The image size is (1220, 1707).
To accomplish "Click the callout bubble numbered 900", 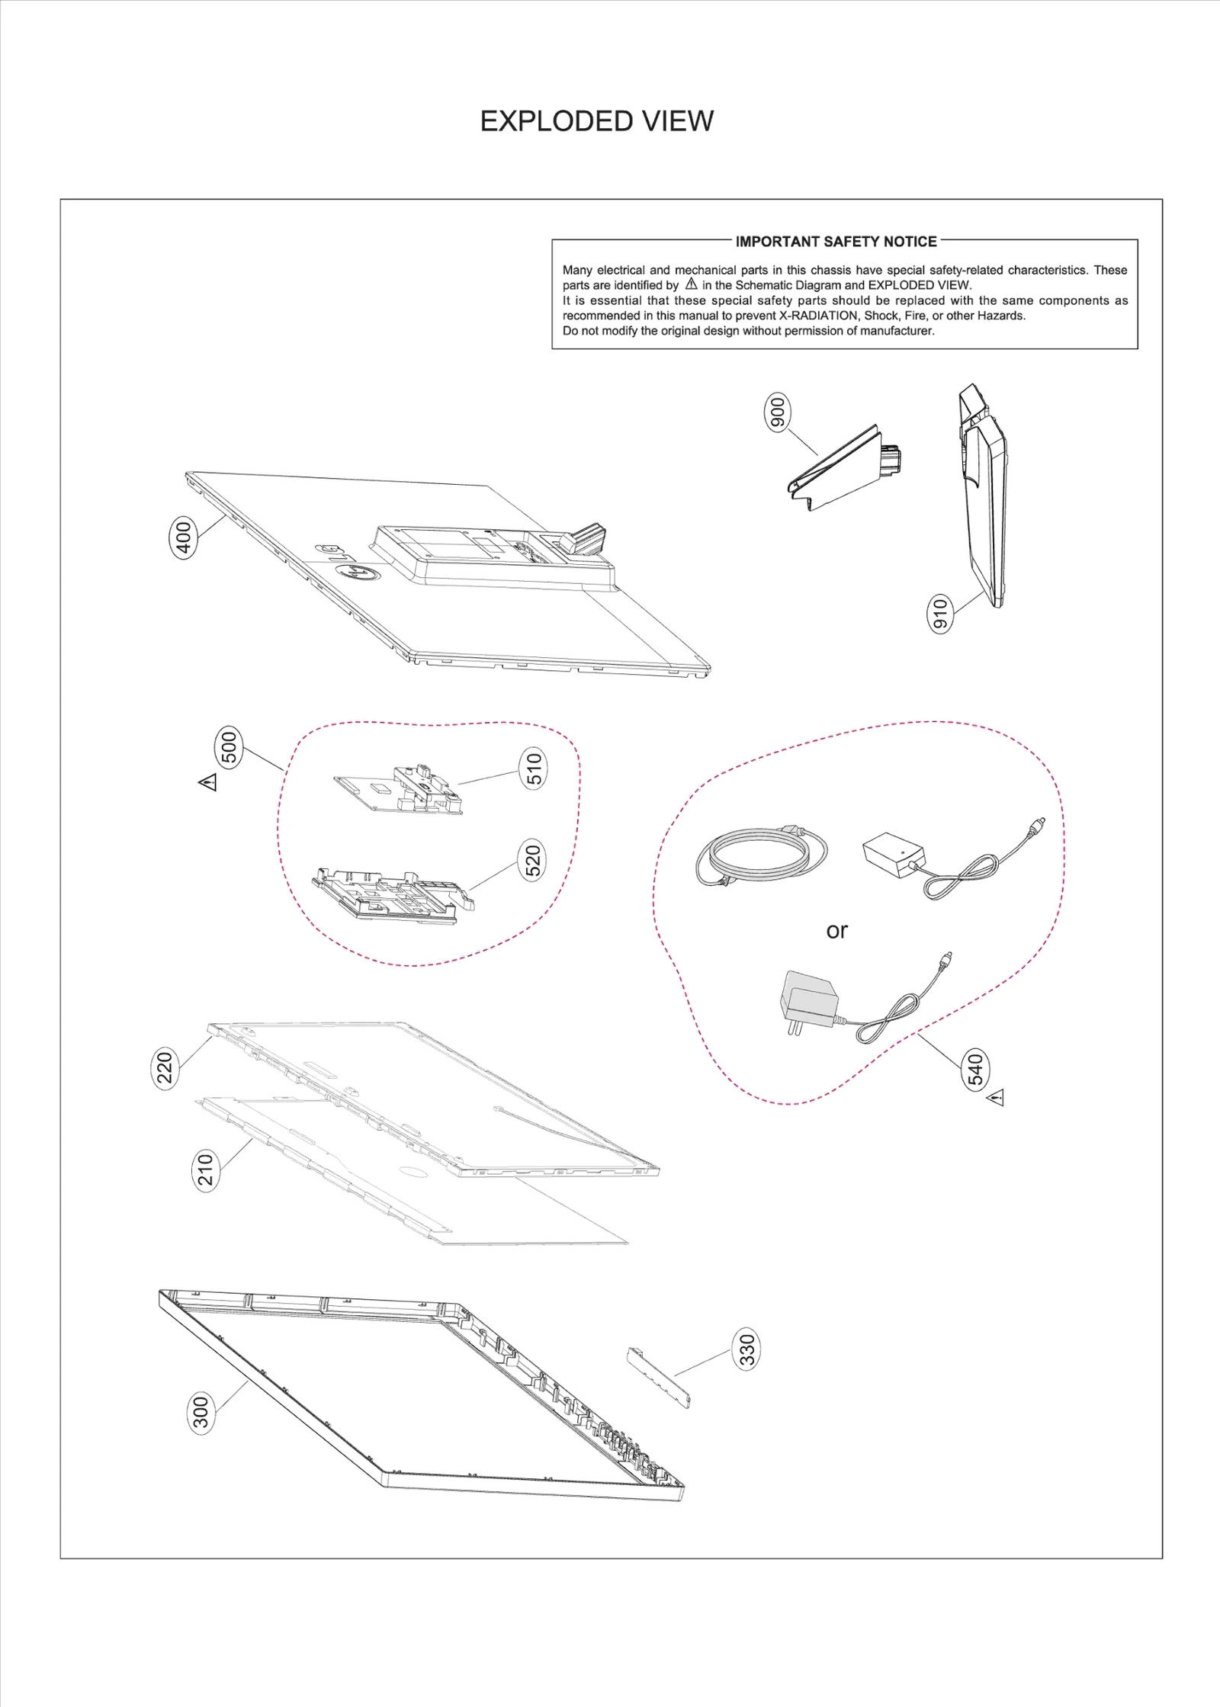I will point(777,412).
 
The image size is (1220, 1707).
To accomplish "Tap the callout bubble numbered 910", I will point(940,614).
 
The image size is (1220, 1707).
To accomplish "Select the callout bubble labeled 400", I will point(184,537).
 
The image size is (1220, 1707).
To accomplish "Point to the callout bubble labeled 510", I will point(534,768).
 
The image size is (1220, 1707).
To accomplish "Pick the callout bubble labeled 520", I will point(533,860).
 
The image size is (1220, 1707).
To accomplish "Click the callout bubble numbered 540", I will point(976,1069).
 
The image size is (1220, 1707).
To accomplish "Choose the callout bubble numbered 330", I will point(747,1349).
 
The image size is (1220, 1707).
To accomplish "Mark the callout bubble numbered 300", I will point(201,1412).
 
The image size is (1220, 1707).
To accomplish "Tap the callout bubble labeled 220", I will point(165,1067).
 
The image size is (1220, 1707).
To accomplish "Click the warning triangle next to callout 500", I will point(208,782).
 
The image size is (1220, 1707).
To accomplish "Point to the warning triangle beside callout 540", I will point(996,1098).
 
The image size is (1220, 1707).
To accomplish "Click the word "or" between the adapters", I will point(836,931).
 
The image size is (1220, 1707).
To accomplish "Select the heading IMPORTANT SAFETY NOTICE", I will point(836,242).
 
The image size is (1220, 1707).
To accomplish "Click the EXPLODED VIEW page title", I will point(596,121).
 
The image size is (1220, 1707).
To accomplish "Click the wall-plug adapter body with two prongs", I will point(808,996).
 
